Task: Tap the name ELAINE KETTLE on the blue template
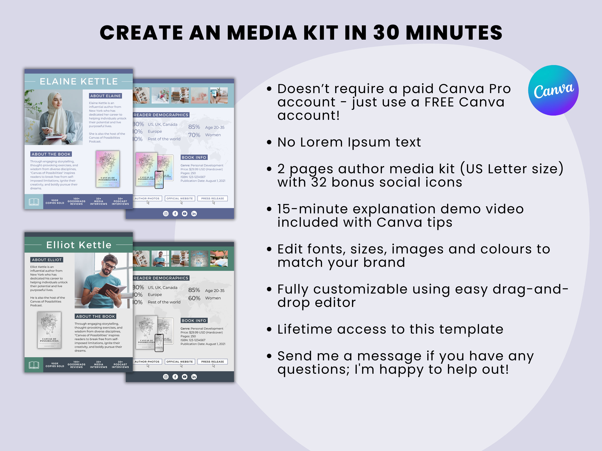79,81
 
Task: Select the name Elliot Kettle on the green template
79,245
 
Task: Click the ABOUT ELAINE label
105,96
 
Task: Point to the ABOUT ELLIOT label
47,260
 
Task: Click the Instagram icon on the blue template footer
166,214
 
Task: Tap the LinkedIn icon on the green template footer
194,377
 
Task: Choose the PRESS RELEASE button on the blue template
212,198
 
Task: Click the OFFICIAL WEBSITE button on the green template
180,361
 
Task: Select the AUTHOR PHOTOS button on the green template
147,361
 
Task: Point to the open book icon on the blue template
34,202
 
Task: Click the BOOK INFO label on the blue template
194,157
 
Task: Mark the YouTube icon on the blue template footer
185,214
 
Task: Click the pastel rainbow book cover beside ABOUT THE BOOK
108,169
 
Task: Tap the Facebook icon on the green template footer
175,377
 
